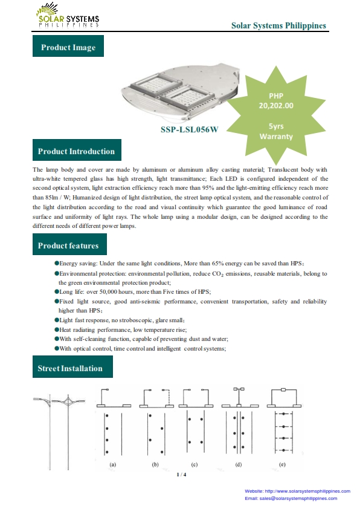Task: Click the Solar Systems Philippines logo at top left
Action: (68, 15)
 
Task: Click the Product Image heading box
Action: (68, 46)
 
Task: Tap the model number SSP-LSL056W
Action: (190, 129)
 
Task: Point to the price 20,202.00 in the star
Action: (276, 106)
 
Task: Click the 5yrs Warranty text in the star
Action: (276, 131)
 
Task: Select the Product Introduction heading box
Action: (77, 150)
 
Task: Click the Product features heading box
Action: (69, 244)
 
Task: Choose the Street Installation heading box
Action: (72, 366)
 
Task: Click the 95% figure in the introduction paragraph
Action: (208, 188)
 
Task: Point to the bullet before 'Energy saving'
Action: (57, 263)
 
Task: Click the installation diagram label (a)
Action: (112, 464)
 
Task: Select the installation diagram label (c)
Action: (194, 464)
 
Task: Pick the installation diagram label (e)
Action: (282, 464)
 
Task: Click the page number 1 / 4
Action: (181, 475)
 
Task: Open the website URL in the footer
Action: (307, 491)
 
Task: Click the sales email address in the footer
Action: (298, 498)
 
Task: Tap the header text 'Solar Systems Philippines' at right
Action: (278, 25)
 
